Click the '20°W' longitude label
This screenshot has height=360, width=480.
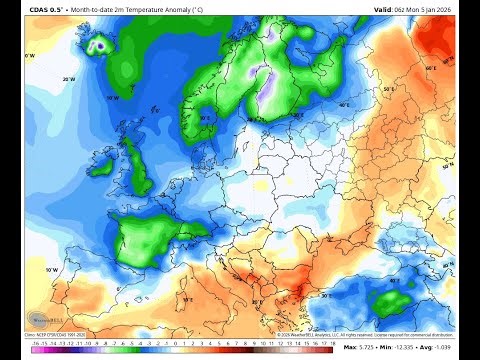(69, 78)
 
